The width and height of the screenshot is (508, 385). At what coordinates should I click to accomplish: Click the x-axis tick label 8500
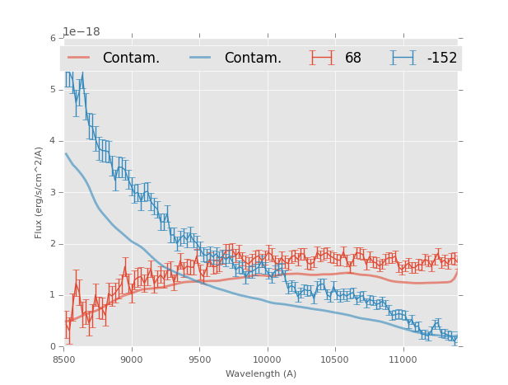coord(63,359)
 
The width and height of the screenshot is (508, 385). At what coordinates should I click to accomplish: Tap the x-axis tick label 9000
coord(131,359)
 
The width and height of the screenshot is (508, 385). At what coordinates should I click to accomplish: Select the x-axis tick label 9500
coord(199,359)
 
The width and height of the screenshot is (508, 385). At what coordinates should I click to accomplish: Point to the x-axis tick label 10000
coord(267,359)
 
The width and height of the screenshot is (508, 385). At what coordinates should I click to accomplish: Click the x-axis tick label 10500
coord(335,359)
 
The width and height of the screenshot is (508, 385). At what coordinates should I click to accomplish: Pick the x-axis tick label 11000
coord(403,359)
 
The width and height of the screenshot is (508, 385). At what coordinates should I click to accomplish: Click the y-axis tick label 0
coord(53,347)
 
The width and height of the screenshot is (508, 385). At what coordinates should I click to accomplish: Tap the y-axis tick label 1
coord(53,295)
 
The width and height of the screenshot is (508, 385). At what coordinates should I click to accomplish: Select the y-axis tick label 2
coord(53,244)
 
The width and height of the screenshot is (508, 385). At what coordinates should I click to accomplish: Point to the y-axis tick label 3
coord(53,192)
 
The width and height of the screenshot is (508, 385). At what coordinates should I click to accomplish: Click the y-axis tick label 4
coord(53,141)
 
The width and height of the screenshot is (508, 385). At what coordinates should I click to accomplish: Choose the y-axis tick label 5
coord(53,90)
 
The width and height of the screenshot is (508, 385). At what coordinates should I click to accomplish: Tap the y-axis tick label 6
coord(53,38)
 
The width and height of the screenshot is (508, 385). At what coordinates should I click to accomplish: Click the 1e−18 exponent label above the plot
coord(82,31)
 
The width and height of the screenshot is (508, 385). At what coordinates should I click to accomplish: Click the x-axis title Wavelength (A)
coord(261,374)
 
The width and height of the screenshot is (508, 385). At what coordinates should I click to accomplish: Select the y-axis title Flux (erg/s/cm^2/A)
coord(39,192)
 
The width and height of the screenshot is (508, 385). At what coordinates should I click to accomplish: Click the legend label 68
coord(352,58)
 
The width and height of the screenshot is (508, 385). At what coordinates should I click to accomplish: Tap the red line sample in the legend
coord(79,58)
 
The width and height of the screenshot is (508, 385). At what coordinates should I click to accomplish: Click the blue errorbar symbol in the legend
coord(403,58)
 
